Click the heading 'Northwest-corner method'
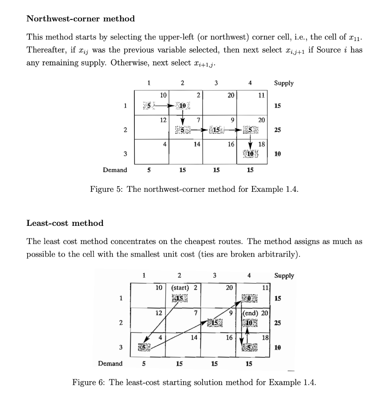(x=81, y=19)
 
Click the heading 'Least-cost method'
(x=65, y=223)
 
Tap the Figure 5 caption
(x=194, y=189)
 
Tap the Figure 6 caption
(x=194, y=383)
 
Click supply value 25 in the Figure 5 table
(x=278, y=130)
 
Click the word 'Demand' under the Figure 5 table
(x=115, y=170)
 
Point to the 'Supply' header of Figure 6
(x=284, y=276)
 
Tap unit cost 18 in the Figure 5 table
(x=261, y=144)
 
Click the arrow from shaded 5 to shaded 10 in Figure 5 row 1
(x=163, y=105)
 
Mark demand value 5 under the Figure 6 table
(x=144, y=364)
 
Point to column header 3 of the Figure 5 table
(x=216, y=82)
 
